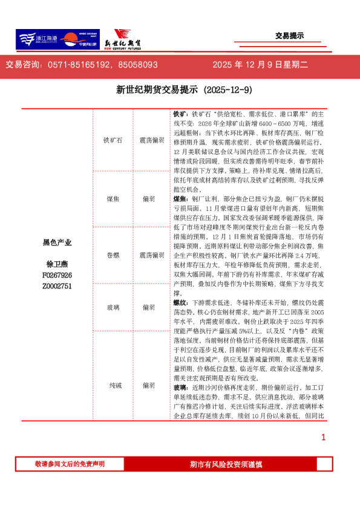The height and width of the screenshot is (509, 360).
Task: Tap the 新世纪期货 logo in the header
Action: click(124, 40)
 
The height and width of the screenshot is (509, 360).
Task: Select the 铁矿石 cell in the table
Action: click(113, 140)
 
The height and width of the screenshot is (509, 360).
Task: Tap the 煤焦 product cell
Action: click(113, 198)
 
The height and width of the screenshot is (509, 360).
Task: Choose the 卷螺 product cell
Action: click(113, 255)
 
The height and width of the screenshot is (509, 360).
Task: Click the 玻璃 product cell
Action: click(113, 307)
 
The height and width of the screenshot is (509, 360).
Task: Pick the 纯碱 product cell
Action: click(113, 384)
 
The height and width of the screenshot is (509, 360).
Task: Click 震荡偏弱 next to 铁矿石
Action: click(151, 140)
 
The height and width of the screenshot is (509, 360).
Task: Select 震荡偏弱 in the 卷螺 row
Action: click(151, 255)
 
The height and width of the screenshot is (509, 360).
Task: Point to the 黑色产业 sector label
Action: click(57, 242)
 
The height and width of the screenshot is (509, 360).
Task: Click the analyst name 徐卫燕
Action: click(57, 264)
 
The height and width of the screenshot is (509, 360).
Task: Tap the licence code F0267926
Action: click(57, 275)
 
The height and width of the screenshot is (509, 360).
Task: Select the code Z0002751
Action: click(57, 286)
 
